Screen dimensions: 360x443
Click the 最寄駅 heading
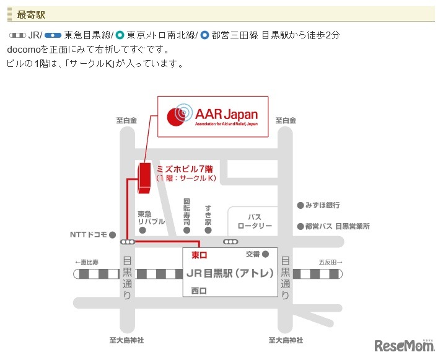pos(31,15)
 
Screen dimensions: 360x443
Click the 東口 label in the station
pos(199,255)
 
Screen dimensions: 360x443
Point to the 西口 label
pos(199,291)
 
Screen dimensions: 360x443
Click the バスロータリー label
pos(255,221)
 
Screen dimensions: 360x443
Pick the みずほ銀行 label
pos(322,205)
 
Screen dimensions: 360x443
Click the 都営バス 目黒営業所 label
pos(338,226)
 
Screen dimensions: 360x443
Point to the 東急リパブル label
pos(151,217)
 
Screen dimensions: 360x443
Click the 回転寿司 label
pos(186,212)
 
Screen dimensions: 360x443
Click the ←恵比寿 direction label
pos(86,262)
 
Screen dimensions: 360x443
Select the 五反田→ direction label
pos(330,262)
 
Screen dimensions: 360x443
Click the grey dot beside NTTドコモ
pos(112,235)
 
